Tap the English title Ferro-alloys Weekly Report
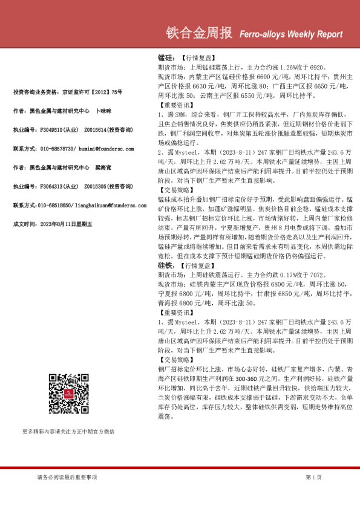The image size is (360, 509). pyautogui.click(x=292, y=34)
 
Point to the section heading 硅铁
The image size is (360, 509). pyautogui.click(x=165, y=265)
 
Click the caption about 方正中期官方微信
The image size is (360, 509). pyautogui.click(x=68, y=432)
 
